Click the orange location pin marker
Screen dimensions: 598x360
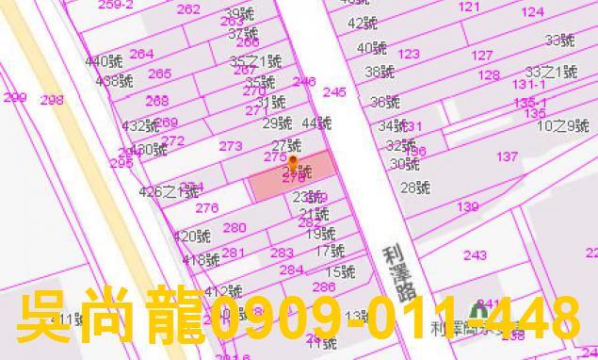pyautogui.click(x=292, y=163)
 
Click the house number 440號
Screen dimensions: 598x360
pyautogui.click(x=104, y=61)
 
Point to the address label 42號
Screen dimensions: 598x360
pyautogui.click(x=361, y=24)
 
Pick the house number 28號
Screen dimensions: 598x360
pyautogui.click(x=414, y=188)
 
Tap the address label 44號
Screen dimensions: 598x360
pyautogui.click(x=317, y=123)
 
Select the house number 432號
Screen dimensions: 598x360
pyautogui.click(x=140, y=125)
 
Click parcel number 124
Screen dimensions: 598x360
pyautogui.click(x=533, y=12)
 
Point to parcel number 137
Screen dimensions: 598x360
pyautogui.click(x=508, y=156)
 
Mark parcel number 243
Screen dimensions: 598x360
pyautogui.click(x=476, y=255)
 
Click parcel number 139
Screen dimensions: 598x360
pyautogui.click(x=468, y=206)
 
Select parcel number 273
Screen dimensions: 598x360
pyautogui.click(x=231, y=146)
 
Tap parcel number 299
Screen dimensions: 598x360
pyautogui.click(x=14, y=98)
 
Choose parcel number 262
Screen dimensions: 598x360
pyautogui.click(x=188, y=9)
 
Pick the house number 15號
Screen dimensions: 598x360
pyautogui.click(x=341, y=272)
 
